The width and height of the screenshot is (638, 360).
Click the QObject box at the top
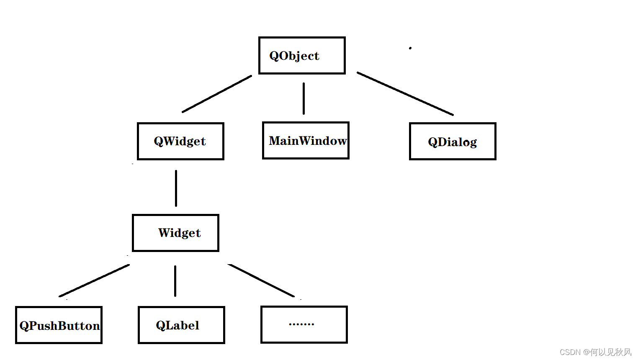pyautogui.click(x=302, y=56)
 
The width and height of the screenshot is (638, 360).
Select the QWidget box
pyautogui.click(x=180, y=141)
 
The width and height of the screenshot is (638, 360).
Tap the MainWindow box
pyautogui.click(x=306, y=141)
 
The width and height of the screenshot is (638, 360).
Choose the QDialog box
pyautogui.click(x=453, y=141)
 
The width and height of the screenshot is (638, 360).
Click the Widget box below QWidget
pyautogui.click(x=175, y=233)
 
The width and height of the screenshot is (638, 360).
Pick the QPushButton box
pyautogui.click(x=59, y=325)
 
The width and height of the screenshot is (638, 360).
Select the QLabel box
pyautogui.click(x=181, y=325)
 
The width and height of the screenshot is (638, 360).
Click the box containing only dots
pyautogui.click(x=304, y=325)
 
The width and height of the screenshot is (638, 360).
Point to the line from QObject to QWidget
pyautogui.click(x=217, y=94)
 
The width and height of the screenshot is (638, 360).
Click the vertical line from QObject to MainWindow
pyautogui.click(x=304, y=99)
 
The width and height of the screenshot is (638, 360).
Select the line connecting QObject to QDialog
pyautogui.click(x=405, y=93)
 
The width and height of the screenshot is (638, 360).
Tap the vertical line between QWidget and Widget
pyautogui.click(x=176, y=188)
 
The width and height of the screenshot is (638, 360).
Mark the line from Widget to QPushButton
pyautogui.click(x=94, y=280)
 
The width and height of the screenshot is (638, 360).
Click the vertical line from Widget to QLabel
pyautogui.click(x=175, y=281)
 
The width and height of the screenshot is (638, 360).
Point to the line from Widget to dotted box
pyautogui.click(x=261, y=280)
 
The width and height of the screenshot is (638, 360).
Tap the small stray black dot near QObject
pyautogui.click(x=410, y=48)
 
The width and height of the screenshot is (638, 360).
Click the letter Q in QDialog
pyautogui.click(x=433, y=142)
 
